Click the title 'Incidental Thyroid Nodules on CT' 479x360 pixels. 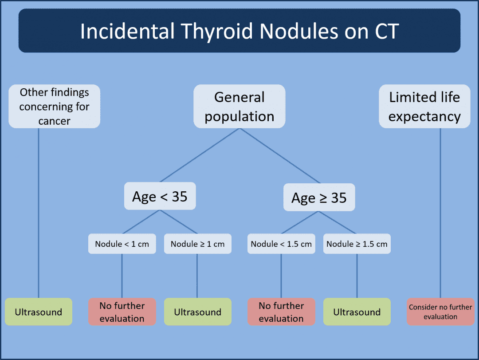click(x=239, y=31)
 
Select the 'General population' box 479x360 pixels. click(x=239, y=107)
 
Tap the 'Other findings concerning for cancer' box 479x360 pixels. click(x=55, y=107)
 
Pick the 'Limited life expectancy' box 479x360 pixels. click(x=424, y=107)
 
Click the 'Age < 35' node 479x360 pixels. click(x=160, y=196)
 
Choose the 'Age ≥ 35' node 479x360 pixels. click(x=319, y=198)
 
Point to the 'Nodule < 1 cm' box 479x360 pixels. click(x=122, y=244)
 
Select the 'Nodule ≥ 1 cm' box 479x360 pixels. click(x=197, y=244)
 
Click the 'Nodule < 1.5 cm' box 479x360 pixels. click(x=281, y=244)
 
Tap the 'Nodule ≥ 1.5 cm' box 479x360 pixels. click(x=357, y=244)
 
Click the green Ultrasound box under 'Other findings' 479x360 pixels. click(x=38, y=312)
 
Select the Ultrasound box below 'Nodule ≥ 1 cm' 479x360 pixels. click(x=197, y=312)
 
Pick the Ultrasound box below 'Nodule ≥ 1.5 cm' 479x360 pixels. click(x=357, y=312)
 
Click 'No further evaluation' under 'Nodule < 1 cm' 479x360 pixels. click(x=122, y=312)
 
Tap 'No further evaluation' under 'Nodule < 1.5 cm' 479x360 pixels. click(x=281, y=312)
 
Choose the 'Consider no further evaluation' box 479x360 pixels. click(x=440, y=312)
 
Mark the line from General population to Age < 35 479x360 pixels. click(x=200, y=155)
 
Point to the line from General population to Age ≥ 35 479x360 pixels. click(x=279, y=155)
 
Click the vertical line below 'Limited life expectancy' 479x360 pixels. click(x=440, y=213)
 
